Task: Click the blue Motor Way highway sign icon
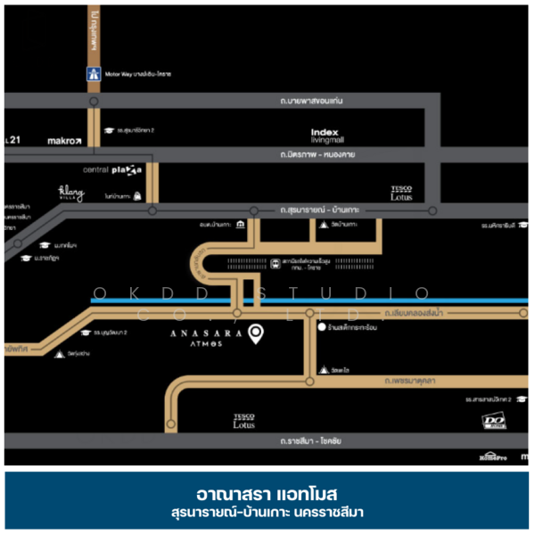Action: point(93,74)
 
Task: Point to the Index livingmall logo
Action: point(326,135)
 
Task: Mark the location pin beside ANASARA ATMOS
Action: point(256,334)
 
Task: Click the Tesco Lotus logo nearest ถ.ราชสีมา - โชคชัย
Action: point(243,421)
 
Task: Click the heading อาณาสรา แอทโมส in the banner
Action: point(267,493)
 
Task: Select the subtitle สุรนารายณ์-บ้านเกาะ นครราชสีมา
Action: point(267,513)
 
